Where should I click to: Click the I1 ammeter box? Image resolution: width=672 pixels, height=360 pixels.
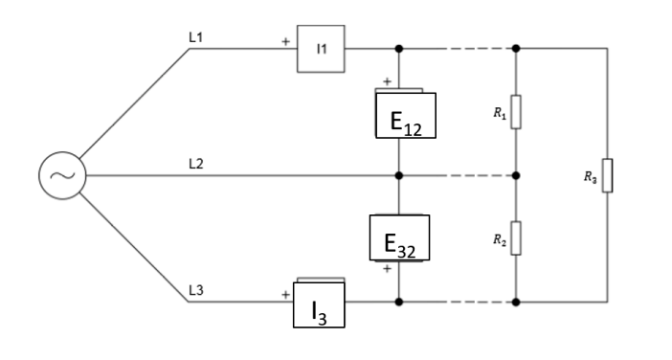[x=321, y=48]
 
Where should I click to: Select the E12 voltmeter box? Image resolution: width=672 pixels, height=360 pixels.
[x=403, y=116]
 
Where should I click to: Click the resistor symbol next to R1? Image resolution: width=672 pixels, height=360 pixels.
[x=516, y=112]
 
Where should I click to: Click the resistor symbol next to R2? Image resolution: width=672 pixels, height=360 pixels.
[x=516, y=238]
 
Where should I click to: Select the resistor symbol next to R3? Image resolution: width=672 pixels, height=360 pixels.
[x=607, y=175]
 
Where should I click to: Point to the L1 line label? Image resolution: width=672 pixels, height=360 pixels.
[x=197, y=36]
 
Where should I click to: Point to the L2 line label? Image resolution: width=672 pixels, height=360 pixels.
[x=197, y=164]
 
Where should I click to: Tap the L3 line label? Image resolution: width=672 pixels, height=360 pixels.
[x=197, y=290]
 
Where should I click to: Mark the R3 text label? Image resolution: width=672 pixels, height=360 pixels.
[x=587, y=175]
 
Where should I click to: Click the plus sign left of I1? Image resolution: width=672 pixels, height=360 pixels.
[x=284, y=42]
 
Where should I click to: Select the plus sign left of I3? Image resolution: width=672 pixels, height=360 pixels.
[x=284, y=295]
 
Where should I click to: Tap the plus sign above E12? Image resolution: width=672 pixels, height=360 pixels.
[x=387, y=82]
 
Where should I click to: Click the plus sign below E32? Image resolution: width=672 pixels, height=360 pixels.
[x=387, y=269]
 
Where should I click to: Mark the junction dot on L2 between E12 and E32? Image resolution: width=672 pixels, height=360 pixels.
[x=398, y=175]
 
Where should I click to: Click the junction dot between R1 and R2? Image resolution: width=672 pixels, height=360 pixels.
[x=516, y=175]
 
